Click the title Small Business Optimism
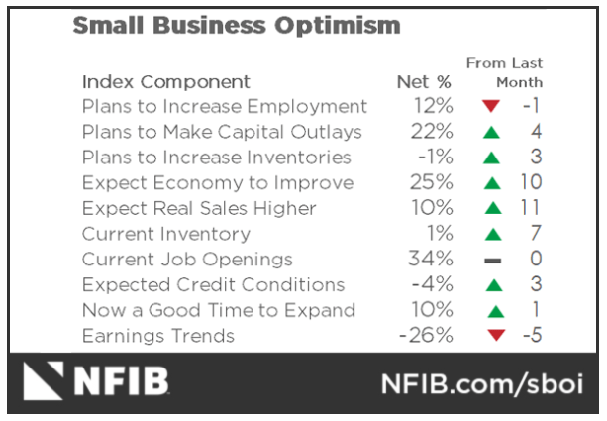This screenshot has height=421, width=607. point(237,27)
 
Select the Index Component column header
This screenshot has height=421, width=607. point(165,81)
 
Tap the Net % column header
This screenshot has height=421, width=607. point(422,81)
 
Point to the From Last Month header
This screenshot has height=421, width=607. point(505,72)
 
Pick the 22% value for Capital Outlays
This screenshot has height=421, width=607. point(433,132)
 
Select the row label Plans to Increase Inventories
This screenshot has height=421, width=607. point(216,158)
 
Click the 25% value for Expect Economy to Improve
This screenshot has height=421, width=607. point(433,183)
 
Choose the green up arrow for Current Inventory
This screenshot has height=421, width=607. point(492,235)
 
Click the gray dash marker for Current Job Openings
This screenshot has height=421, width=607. point(492,261)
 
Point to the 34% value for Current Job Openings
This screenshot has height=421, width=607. point(433,260)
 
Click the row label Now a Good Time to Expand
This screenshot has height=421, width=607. point(218,311)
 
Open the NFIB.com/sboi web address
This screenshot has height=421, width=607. point(484,382)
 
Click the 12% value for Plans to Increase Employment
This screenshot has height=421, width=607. point(433,106)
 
